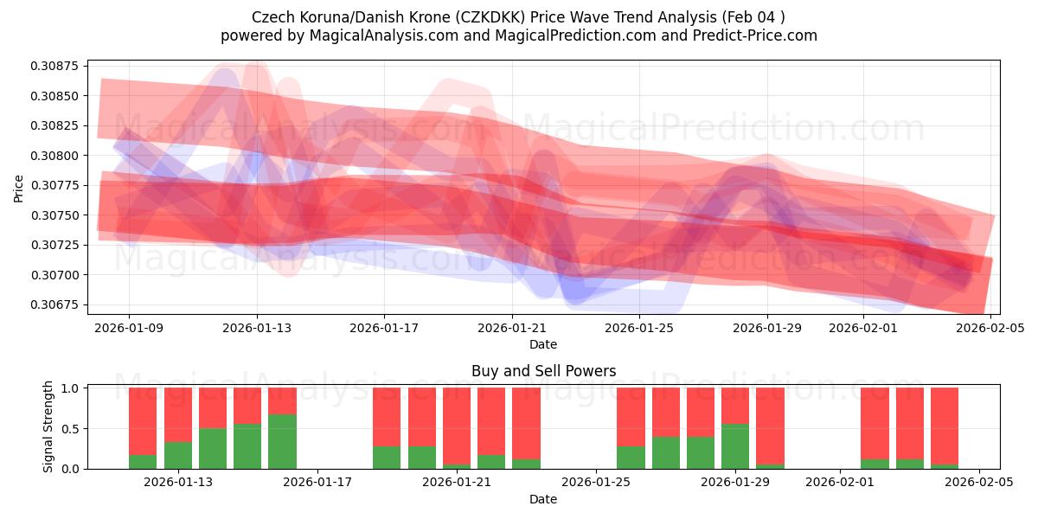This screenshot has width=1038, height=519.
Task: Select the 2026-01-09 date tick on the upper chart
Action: [129, 328]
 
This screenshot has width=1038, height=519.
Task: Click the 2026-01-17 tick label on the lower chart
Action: [317, 483]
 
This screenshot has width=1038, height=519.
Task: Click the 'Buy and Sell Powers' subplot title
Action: [543, 371]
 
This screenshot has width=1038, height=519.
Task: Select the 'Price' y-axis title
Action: [19, 187]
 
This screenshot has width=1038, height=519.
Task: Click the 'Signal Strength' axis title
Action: [48, 426]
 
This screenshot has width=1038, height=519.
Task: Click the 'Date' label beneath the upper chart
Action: [543, 344]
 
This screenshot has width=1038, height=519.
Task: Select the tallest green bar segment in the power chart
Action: [282, 441]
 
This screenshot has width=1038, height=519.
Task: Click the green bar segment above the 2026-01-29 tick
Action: [735, 446]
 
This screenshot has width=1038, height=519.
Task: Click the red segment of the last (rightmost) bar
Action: [945, 426]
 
